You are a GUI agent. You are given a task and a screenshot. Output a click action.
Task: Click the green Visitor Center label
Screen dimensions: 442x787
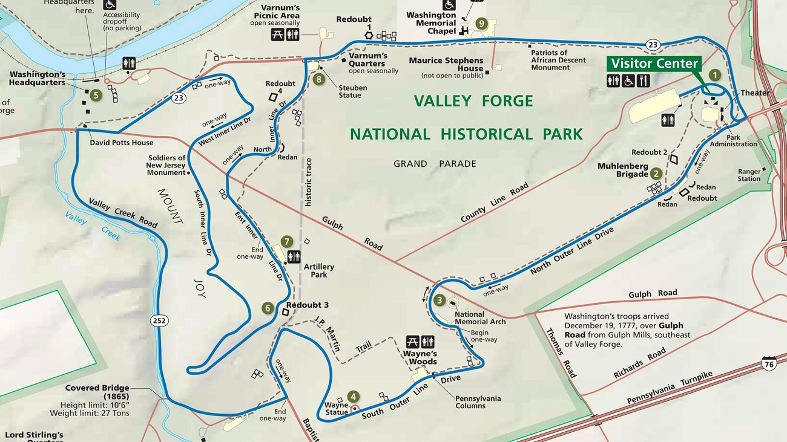(x=654, y=63)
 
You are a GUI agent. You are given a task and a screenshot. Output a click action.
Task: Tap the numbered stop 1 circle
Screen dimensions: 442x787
(x=715, y=75)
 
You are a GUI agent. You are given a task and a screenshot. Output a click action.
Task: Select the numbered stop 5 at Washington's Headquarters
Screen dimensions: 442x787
(x=95, y=94)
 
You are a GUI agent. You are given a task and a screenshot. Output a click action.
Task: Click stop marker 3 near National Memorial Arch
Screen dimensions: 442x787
(x=440, y=300)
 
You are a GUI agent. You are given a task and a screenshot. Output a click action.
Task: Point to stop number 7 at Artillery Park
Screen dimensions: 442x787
(x=287, y=242)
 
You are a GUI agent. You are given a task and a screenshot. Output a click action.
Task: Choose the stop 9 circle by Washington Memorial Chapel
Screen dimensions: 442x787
(x=481, y=24)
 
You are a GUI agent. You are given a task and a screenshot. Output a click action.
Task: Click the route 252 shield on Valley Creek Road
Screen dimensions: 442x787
(x=160, y=320)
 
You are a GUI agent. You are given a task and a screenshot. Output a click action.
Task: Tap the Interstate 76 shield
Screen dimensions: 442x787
(x=768, y=363)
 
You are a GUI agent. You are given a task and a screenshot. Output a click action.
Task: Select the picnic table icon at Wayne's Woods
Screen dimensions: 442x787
(x=413, y=342)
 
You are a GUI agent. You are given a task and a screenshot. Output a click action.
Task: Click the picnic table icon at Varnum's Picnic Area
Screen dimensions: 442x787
(x=277, y=34)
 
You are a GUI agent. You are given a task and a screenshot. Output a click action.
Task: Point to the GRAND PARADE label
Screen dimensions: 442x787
(x=435, y=164)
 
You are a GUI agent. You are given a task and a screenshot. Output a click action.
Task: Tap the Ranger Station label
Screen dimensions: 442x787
(x=749, y=175)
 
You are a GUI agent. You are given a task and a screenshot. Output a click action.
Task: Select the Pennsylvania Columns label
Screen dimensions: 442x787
(x=478, y=402)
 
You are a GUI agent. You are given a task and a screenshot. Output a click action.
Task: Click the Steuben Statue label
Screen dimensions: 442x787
(x=352, y=91)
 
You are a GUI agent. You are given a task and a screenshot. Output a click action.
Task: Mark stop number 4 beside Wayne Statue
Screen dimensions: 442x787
(x=353, y=397)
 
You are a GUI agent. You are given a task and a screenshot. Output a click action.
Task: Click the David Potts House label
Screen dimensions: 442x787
(x=121, y=143)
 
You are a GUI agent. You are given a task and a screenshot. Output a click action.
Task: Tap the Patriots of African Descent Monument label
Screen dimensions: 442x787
(x=558, y=60)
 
